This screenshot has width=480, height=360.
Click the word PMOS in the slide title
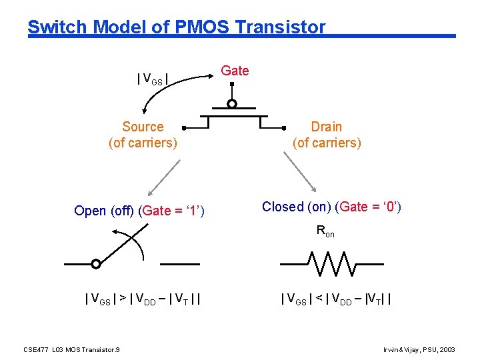coord(201,27)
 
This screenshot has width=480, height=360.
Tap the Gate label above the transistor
coord(235,71)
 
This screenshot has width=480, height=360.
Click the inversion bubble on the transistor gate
coord(231,104)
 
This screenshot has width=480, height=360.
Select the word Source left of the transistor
coord(143,127)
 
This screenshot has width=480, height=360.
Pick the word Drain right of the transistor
coord(327,127)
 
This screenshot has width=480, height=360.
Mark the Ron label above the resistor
coord(325,232)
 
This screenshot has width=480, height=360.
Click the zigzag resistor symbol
coord(331,263)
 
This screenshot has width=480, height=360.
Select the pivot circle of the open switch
coord(96,264)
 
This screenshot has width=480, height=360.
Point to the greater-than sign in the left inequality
coord(123,299)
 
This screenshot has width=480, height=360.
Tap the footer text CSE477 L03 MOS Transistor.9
coord(71,349)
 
